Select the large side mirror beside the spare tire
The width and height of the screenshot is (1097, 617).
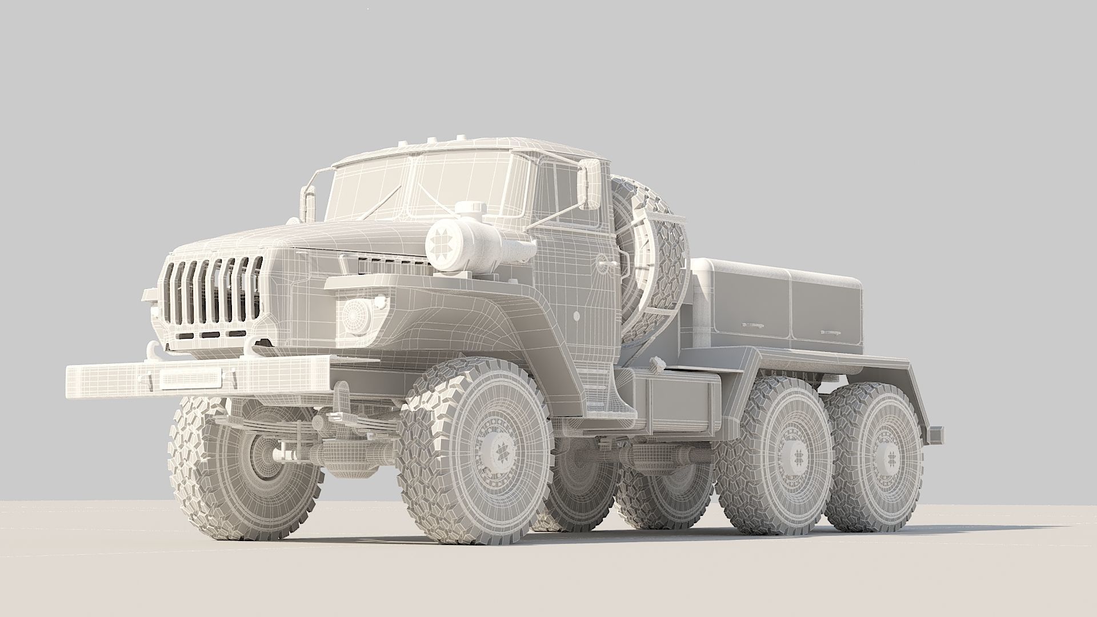pyautogui.click(x=590, y=183)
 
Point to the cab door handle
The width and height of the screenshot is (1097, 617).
pyautogui.click(x=603, y=263)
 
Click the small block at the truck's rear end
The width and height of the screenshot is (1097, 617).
pyautogui.click(x=935, y=435)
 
